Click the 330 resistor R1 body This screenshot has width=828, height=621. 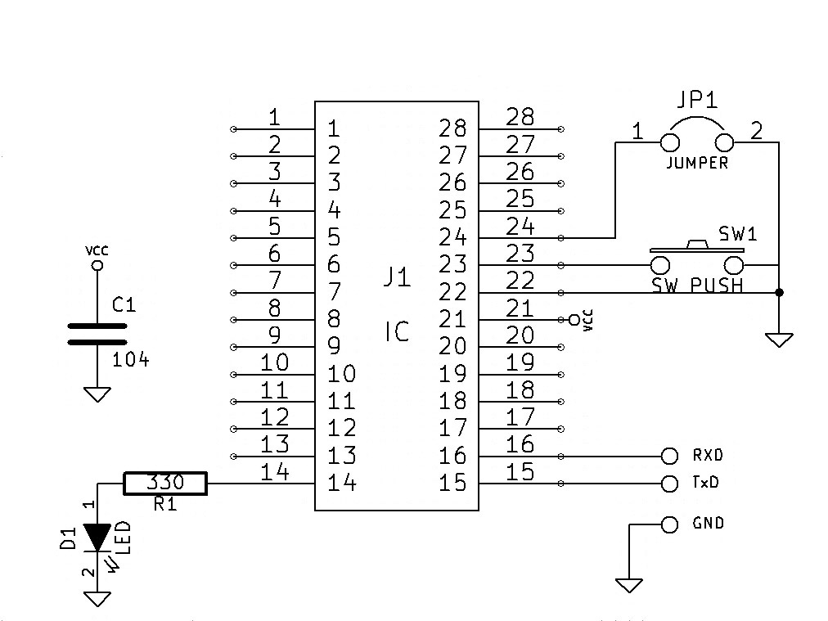[x=164, y=484]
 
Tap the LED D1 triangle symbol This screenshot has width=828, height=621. [x=97, y=538]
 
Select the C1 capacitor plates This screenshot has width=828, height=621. [x=97, y=334]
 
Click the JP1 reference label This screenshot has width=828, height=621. [x=697, y=99]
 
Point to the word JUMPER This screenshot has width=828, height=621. [x=697, y=163]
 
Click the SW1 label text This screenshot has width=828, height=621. [x=738, y=233]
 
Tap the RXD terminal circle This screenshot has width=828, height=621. [x=669, y=456]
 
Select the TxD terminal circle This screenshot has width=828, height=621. [x=669, y=484]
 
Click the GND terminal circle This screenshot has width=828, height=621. [x=669, y=524]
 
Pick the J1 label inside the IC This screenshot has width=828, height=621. [x=397, y=277]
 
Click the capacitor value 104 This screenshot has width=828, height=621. [x=130, y=360]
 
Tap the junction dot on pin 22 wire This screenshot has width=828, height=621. [x=779, y=293]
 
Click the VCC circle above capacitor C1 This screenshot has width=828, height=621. [x=97, y=265]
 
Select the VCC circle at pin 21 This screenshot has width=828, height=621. [x=574, y=320]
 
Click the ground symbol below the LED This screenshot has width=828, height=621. [x=97, y=599]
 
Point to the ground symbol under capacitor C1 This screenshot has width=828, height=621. [x=97, y=394]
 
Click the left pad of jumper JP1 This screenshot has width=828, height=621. [x=670, y=142]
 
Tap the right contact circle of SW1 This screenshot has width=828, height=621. [x=733, y=265]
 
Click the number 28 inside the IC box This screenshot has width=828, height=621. [x=452, y=128]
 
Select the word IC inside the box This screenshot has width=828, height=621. [x=397, y=331]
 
